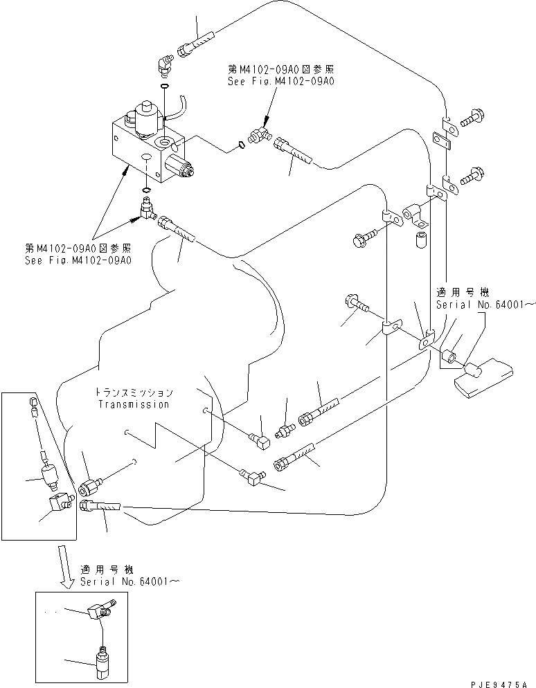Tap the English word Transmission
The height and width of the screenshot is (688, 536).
click(x=134, y=404)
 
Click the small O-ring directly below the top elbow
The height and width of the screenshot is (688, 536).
click(x=164, y=87)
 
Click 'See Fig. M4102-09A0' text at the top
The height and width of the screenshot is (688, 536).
click(x=281, y=81)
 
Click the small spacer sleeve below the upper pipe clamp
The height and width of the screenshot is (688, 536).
click(x=420, y=241)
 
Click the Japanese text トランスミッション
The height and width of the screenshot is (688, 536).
click(x=134, y=392)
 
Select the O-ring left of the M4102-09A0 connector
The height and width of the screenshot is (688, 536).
click(x=240, y=144)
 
